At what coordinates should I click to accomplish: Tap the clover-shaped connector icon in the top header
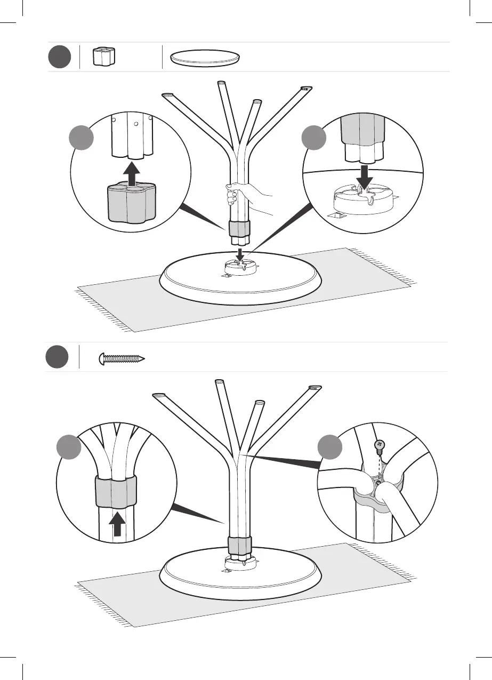[x=104, y=57]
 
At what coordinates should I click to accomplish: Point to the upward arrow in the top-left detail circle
[x=132, y=172]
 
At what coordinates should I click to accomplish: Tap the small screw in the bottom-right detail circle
[x=380, y=445]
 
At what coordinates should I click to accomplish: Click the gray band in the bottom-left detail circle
[x=115, y=491]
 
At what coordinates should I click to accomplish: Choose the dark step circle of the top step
[x=59, y=57]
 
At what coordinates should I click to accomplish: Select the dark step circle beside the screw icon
[x=57, y=357]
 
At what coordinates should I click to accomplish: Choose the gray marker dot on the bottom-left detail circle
[x=69, y=447]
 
